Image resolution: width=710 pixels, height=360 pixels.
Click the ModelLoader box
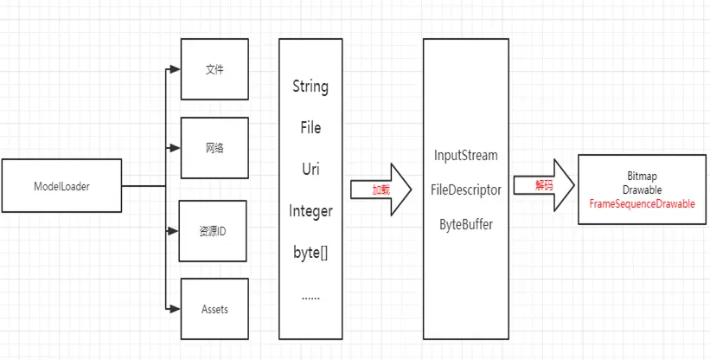click(x=61, y=185)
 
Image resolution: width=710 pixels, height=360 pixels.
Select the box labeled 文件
click(x=214, y=69)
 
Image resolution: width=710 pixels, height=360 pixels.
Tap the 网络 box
click(x=214, y=147)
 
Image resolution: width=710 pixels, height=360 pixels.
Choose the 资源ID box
click(x=213, y=231)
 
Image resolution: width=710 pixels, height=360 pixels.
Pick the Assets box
click(x=214, y=308)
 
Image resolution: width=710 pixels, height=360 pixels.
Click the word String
click(x=310, y=87)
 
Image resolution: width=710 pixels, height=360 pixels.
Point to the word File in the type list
click(x=310, y=128)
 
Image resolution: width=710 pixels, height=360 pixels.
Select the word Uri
click(x=310, y=169)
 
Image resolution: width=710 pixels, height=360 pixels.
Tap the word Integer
click(x=310, y=210)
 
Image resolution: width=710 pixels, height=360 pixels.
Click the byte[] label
click(x=310, y=252)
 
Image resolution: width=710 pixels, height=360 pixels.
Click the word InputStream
click(x=466, y=156)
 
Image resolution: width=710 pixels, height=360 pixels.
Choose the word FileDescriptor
click(x=466, y=189)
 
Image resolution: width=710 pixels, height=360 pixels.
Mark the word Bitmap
click(x=642, y=176)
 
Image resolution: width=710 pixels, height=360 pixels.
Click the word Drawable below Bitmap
click(x=642, y=190)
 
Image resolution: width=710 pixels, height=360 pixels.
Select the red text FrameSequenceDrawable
click(x=642, y=203)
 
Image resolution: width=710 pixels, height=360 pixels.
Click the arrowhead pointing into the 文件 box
click(x=175, y=69)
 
